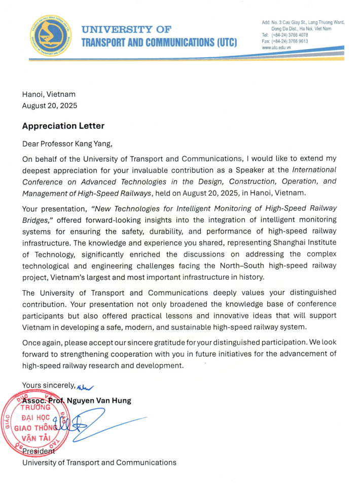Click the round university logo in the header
(x=50, y=35)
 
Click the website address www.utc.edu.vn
(x=276, y=47)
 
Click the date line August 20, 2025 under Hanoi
(x=50, y=105)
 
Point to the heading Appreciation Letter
(x=63, y=126)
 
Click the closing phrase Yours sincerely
(x=48, y=385)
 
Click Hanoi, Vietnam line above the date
(x=49, y=94)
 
